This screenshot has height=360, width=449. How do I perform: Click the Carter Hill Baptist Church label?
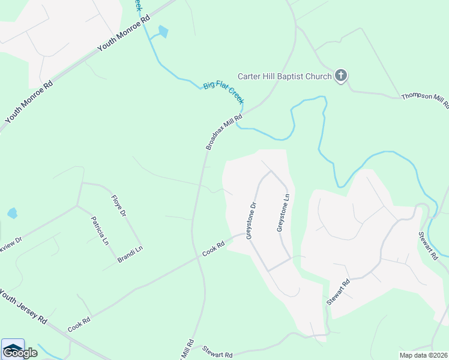coord(285,76)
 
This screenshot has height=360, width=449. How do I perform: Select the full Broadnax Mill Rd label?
coord(224,131)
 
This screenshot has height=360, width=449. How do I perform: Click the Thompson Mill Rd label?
coord(425,100)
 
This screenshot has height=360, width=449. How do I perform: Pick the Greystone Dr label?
coord(252,220)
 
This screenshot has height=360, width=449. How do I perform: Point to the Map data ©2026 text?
coord(423,355)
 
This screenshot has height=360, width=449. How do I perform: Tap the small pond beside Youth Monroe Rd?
coord(163,31)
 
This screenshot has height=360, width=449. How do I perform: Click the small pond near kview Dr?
coord(12,213)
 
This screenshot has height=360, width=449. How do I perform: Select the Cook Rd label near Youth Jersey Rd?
coord(79,325)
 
